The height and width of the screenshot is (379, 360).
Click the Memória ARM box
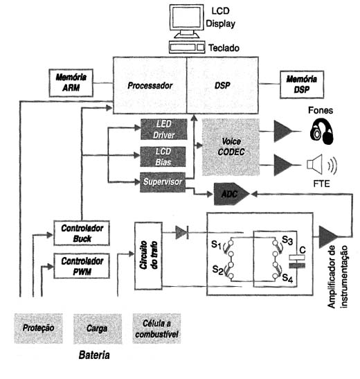pyautogui.click(x=71, y=83)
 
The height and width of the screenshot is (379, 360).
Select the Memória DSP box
pyautogui.click(x=302, y=85)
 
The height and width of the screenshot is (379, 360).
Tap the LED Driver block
pyautogui.click(x=163, y=130)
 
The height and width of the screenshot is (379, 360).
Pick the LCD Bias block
pyautogui.click(x=163, y=157)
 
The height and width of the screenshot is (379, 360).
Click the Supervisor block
pyautogui.click(x=163, y=182)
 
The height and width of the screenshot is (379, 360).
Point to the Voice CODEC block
pyautogui.click(x=231, y=147)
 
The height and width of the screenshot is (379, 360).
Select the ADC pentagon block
pyautogui.click(x=231, y=194)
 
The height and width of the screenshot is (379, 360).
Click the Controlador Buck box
pyautogui.click(x=82, y=233)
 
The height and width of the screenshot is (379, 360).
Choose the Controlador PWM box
pyautogui.click(x=82, y=266)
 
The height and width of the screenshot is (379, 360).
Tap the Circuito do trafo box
pyautogui.click(x=148, y=256)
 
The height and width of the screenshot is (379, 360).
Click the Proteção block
pyautogui.click(x=38, y=328)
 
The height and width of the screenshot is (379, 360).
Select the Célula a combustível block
pyautogui.click(x=156, y=328)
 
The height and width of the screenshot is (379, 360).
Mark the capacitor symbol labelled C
pyautogui.click(x=297, y=261)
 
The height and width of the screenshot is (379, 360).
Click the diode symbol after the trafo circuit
pyautogui.click(x=182, y=233)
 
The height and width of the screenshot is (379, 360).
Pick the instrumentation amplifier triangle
pyautogui.click(x=328, y=237)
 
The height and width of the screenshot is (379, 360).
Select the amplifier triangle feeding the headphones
pyautogui.click(x=283, y=132)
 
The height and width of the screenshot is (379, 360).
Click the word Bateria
pyautogui.click(x=94, y=355)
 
